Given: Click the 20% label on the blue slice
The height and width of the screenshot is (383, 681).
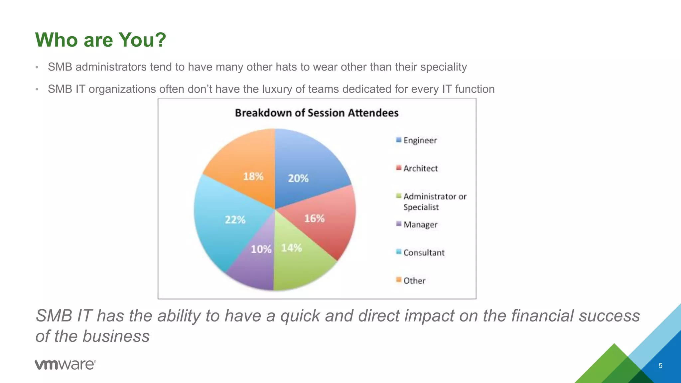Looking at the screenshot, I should (298, 179).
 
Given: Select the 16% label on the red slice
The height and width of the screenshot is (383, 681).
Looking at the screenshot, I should (314, 218).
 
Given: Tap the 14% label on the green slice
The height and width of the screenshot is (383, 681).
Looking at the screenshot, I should (291, 248).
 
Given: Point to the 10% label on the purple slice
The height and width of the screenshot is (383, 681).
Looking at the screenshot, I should (261, 249).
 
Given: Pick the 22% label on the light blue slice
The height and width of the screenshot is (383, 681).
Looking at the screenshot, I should (235, 220).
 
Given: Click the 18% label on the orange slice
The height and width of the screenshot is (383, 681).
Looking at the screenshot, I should (253, 176).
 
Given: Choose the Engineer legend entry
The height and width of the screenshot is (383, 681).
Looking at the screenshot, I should (420, 140).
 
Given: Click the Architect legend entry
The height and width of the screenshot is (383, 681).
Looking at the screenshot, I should (420, 169).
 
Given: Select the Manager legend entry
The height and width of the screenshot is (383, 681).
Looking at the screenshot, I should (420, 225).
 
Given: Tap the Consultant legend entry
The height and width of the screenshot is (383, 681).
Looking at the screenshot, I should (424, 253).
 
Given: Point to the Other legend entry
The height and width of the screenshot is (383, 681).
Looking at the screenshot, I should (414, 281).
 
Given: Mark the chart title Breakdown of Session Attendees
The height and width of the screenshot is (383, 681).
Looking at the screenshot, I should (317, 113).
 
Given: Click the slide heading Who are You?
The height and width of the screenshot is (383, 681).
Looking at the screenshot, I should (100, 40).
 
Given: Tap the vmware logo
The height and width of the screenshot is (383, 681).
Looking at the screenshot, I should (65, 365).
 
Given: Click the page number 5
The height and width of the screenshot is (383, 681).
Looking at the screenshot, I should (660, 366).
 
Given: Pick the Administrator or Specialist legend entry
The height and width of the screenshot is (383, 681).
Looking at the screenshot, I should (434, 202).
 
